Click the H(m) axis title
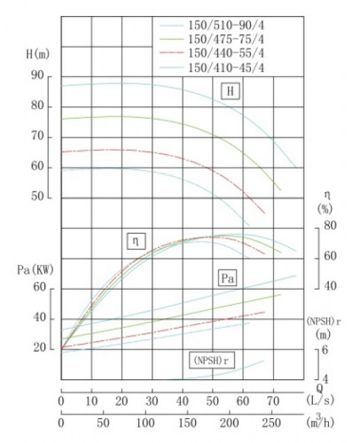38,56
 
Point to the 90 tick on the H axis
37,76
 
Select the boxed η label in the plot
137,239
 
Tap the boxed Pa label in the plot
228,278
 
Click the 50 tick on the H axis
37,197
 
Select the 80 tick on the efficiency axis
329,227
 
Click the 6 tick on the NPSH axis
325,350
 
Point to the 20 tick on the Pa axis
39,347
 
